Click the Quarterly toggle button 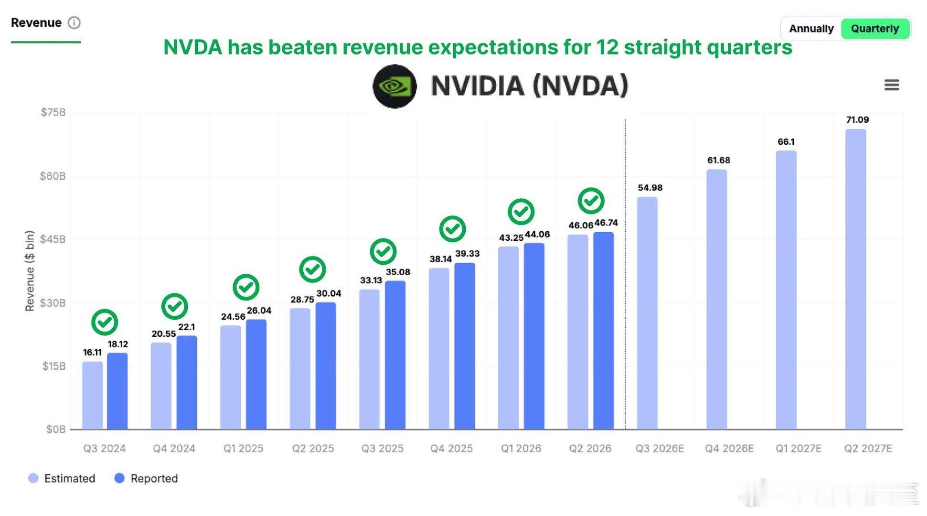874,29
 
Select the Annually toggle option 811,29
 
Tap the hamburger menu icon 891,85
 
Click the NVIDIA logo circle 394,86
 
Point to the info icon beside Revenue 74,22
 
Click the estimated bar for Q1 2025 231,377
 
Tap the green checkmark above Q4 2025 452,229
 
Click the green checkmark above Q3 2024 105,322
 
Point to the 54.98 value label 650,188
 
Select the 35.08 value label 398,272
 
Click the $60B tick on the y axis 53,176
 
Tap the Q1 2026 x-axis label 521,449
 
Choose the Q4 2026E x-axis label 729,449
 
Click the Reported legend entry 147,478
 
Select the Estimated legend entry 62,478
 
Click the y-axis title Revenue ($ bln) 30,271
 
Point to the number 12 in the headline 607,47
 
